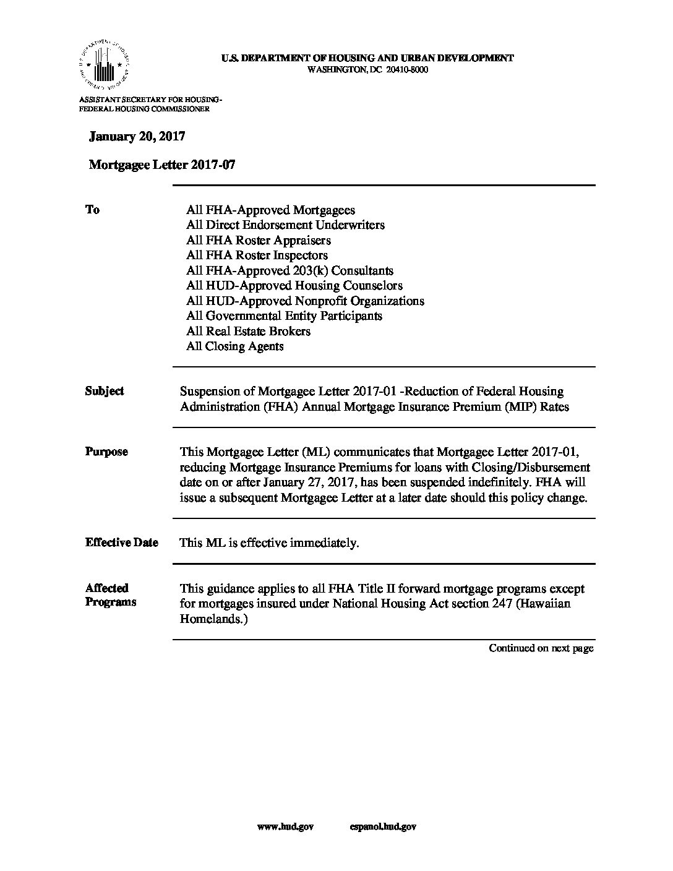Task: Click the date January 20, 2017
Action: (x=137, y=137)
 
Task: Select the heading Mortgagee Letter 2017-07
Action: (x=162, y=165)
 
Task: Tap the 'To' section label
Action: (x=92, y=210)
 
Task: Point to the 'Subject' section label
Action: (x=105, y=391)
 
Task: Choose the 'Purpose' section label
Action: (x=106, y=452)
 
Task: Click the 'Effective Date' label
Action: (x=122, y=543)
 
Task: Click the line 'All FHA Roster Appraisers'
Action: (x=259, y=241)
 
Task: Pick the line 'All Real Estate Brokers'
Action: (x=248, y=331)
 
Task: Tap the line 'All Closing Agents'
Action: (x=234, y=346)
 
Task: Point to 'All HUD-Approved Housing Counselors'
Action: (x=294, y=286)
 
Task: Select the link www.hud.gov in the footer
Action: (x=285, y=827)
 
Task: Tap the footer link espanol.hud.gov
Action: (x=382, y=827)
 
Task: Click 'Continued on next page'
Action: (x=541, y=648)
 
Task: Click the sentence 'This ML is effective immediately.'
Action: (x=269, y=543)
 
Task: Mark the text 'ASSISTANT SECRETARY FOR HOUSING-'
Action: (x=150, y=100)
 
